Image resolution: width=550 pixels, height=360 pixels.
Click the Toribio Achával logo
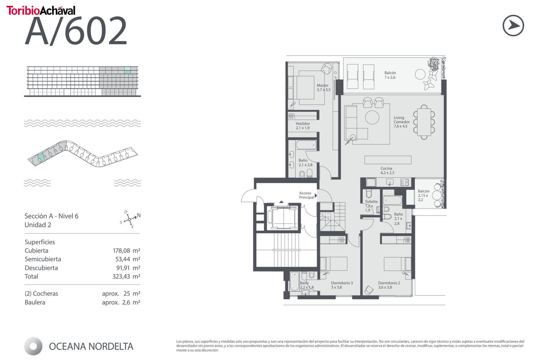(x=41, y=10)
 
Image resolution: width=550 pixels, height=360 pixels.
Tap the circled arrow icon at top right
(x=513, y=25)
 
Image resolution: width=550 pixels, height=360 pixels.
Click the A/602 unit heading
(x=76, y=31)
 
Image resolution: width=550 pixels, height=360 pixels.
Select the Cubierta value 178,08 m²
(x=126, y=250)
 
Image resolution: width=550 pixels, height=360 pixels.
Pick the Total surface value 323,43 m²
(x=126, y=276)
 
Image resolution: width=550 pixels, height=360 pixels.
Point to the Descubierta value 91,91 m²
(x=128, y=268)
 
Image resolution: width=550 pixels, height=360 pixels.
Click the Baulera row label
(x=35, y=302)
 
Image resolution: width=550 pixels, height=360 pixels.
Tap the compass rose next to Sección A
(x=130, y=219)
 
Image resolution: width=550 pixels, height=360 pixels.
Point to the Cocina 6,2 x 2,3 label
(x=387, y=171)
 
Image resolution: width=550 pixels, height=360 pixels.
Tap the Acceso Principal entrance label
(x=306, y=195)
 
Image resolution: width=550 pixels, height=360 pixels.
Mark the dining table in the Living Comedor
(x=424, y=122)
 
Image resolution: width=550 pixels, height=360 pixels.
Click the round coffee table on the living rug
(x=372, y=117)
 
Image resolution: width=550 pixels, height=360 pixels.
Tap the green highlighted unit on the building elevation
(x=127, y=70)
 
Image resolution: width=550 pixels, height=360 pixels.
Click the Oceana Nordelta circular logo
(x=33, y=346)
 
